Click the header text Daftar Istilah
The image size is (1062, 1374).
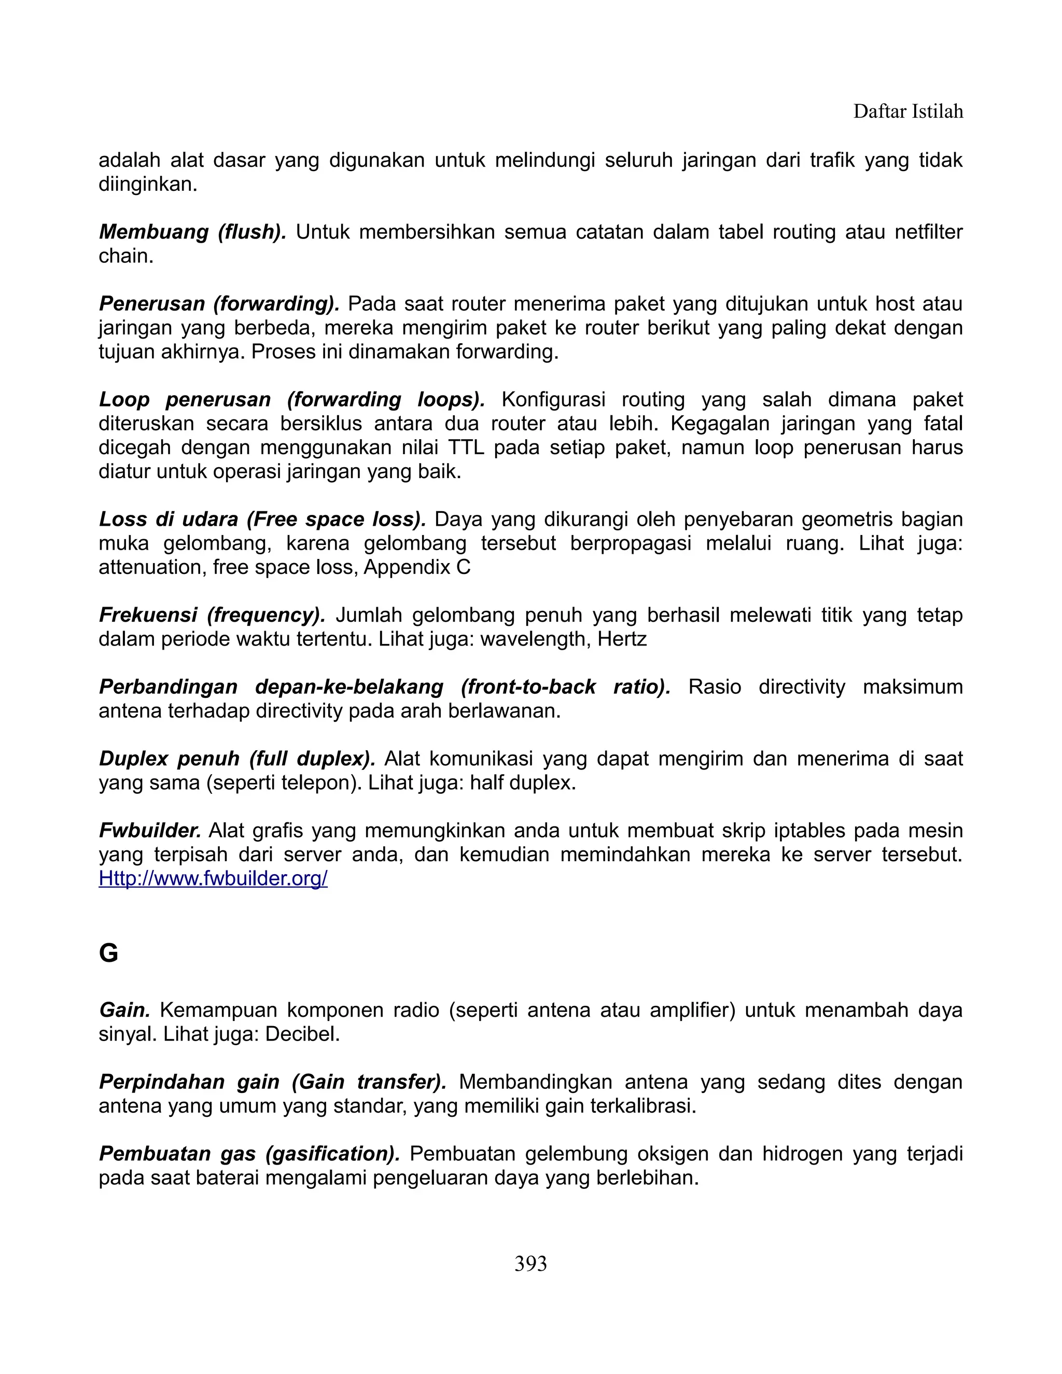(x=907, y=112)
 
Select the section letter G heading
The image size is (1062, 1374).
(x=109, y=954)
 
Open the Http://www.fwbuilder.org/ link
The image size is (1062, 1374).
(x=213, y=879)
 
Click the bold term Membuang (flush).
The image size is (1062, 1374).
(x=192, y=232)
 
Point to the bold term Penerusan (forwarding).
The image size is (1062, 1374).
(x=219, y=304)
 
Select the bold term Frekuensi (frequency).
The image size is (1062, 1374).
(x=212, y=615)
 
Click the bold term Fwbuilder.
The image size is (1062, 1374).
(x=150, y=831)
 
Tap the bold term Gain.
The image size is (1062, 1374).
(x=124, y=1011)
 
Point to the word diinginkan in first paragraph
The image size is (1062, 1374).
(x=148, y=185)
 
